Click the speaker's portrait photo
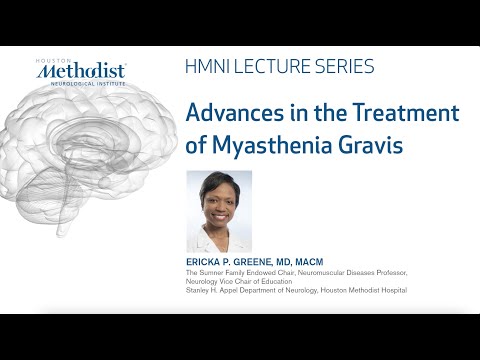point(219,211)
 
